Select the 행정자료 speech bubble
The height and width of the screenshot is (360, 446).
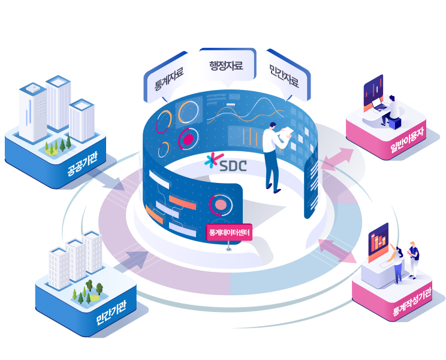(x=226, y=65)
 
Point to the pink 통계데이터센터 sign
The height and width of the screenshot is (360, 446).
(x=230, y=231)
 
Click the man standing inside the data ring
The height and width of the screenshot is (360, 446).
(x=273, y=156)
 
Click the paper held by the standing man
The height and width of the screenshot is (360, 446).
(x=287, y=133)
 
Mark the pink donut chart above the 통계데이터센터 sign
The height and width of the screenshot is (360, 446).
(x=219, y=205)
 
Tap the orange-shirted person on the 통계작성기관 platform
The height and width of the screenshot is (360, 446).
(x=397, y=261)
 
